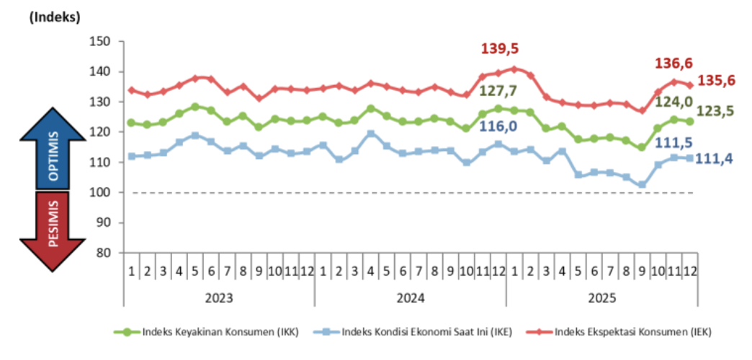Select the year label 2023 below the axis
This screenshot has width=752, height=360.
219,297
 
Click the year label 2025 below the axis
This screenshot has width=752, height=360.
601,297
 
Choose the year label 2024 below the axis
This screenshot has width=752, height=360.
410,297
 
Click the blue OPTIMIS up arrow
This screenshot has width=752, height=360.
53,148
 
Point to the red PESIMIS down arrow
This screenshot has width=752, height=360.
53,230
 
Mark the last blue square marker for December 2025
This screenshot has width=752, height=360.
689,158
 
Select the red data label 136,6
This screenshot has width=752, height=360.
673,63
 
